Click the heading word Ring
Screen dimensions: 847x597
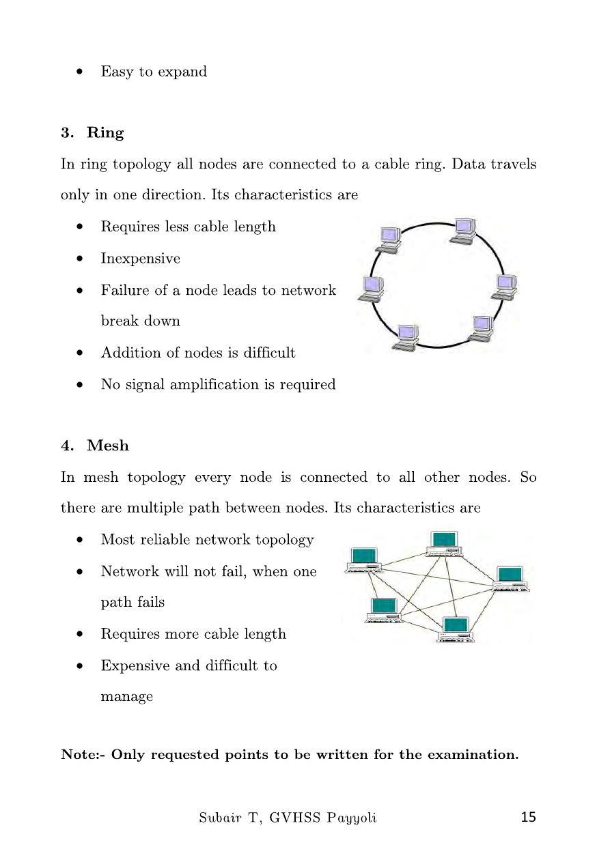tap(105, 132)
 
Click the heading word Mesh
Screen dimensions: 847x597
tap(108, 446)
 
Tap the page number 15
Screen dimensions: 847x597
tap(528, 817)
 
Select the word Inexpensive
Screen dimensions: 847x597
tap(141, 259)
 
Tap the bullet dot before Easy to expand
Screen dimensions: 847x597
tap(81, 72)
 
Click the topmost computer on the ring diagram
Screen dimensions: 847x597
tap(463, 230)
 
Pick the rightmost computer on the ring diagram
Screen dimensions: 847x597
tap(505, 287)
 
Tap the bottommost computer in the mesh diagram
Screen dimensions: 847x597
tap(456, 629)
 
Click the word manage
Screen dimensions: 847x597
tap(126, 697)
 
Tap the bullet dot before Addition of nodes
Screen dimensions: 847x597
tap(81, 354)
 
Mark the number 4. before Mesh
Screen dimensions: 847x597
tap(67, 446)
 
